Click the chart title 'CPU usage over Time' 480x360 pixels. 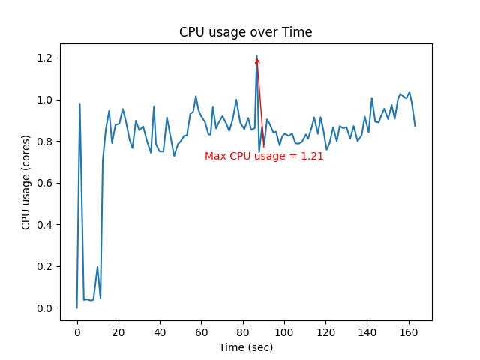(245, 32)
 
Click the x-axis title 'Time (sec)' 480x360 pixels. (245, 347)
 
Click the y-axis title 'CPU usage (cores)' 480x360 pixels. (26, 182)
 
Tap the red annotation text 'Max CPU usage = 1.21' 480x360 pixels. (264, 156)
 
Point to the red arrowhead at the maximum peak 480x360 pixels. (257, 61)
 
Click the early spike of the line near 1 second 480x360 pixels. (79, 104)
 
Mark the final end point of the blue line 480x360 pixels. (415, 125)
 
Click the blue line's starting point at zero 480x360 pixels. (77, 307)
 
